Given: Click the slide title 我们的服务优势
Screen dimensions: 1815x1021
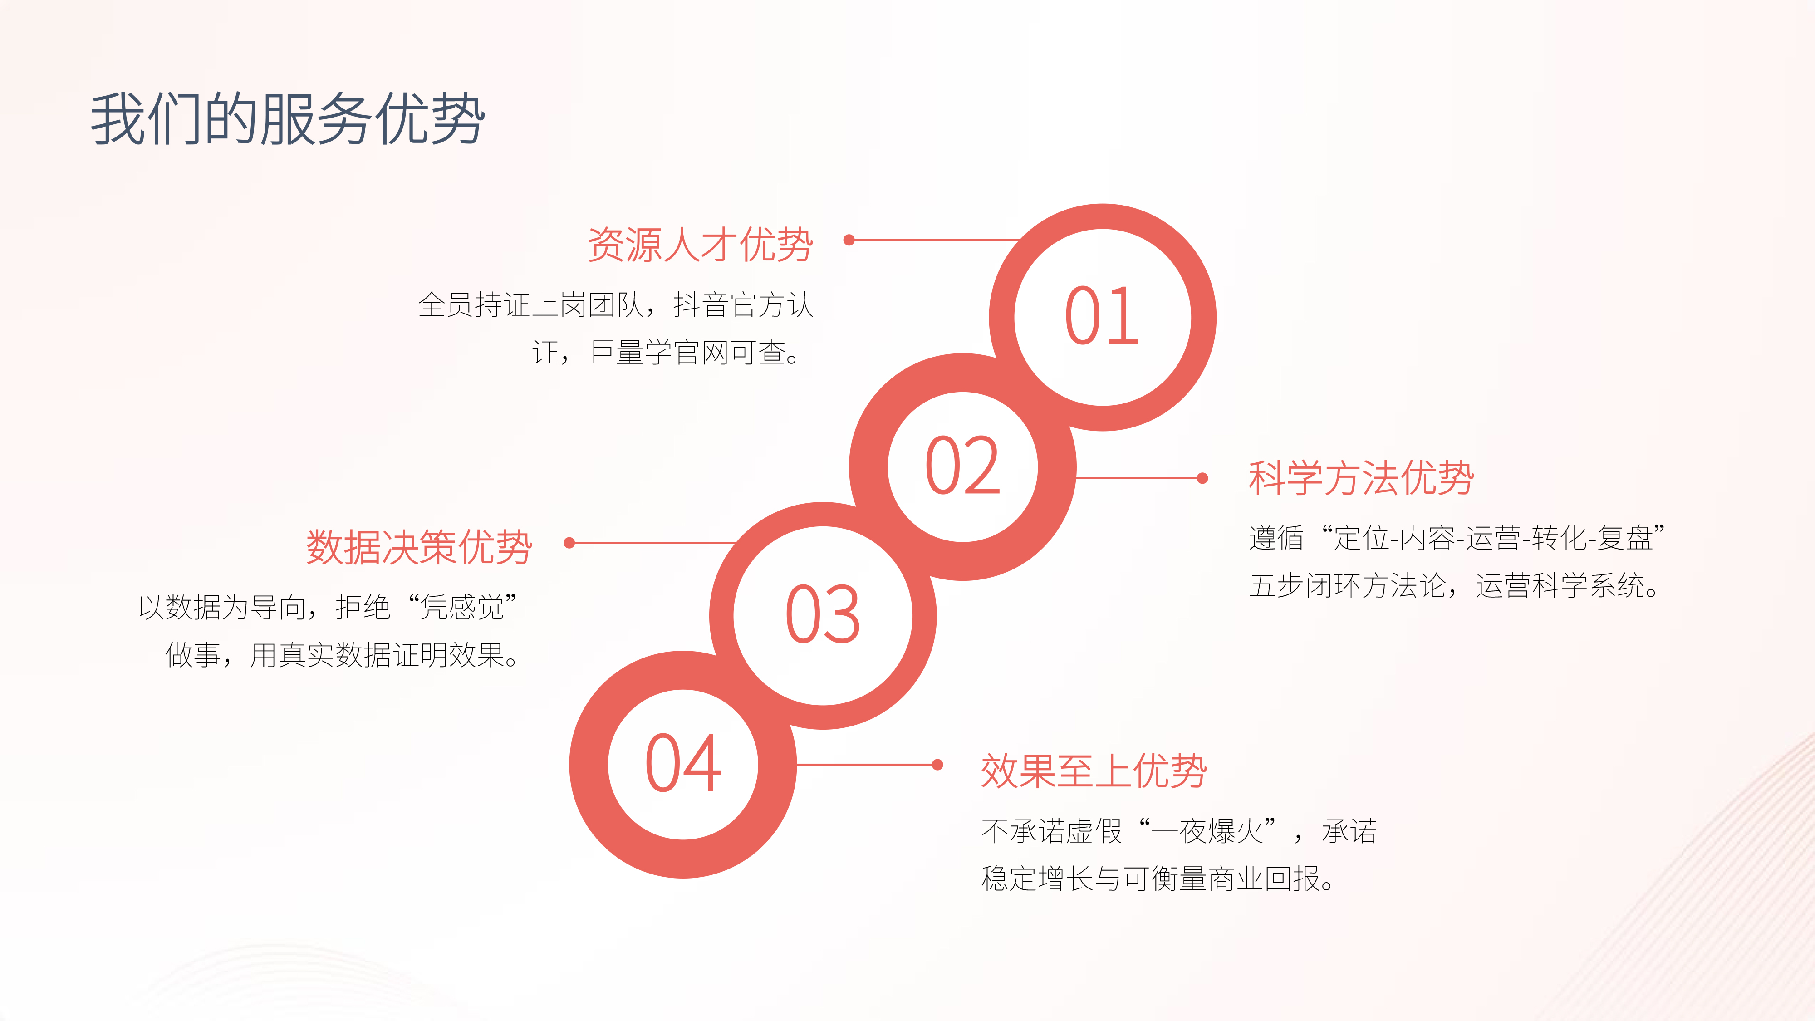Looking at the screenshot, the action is tap(288, 118).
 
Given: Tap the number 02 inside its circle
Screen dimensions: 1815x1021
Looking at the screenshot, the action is tap(962, 465).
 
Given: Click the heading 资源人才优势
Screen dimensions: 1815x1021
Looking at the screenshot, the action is tap(700, 245).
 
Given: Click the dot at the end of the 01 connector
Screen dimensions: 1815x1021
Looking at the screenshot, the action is tap(849, 241).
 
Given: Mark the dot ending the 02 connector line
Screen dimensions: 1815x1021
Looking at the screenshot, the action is tap(1203, 478).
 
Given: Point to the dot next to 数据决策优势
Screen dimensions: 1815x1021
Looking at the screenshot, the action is tap(569, 543).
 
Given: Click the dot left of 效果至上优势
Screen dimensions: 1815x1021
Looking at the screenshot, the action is tap(937, 765).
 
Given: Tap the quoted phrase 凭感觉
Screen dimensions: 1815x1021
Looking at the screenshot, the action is tap(462, 607).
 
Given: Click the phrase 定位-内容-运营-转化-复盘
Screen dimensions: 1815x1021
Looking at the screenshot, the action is tap(1493, 538).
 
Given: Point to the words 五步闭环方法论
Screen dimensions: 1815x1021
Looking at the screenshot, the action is tap(1347, 585).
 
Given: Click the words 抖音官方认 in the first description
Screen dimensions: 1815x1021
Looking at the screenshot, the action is tap(743, 305).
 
